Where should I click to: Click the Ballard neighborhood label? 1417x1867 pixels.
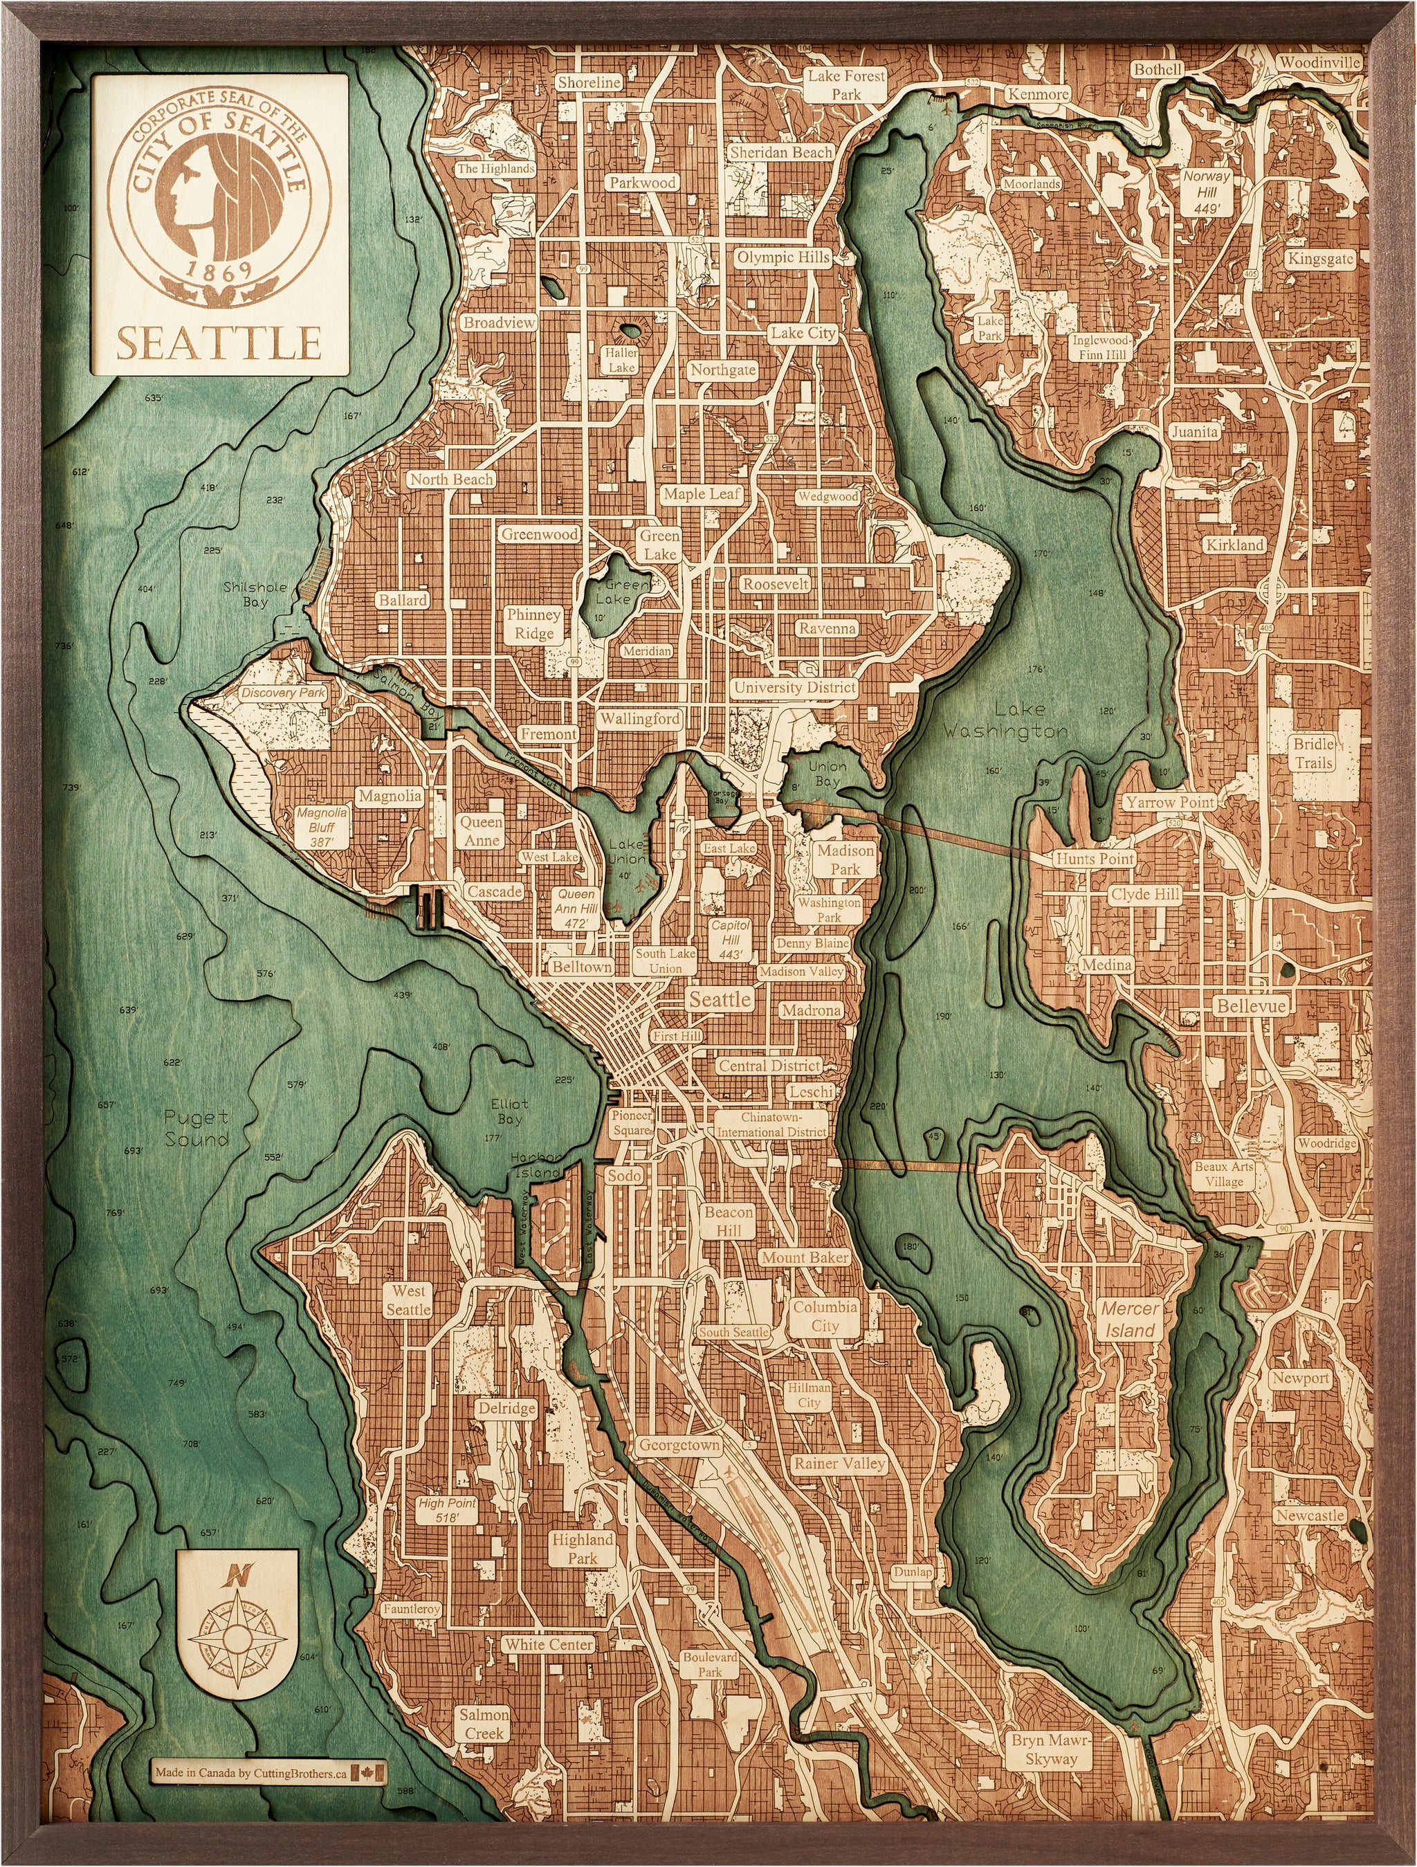(403, 600)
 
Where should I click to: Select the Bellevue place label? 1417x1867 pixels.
(1251, 1006)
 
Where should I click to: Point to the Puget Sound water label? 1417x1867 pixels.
(196, 1129)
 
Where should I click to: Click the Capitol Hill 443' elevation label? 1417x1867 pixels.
(731, 940)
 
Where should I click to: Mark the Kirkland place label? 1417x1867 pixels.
(1234, 545)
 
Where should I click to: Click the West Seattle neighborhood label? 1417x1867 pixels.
(408, 1300)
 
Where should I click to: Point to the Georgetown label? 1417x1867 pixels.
(679, 1445)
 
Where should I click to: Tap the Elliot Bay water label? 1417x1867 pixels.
(509, 1111)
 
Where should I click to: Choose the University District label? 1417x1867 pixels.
(794, 687)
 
